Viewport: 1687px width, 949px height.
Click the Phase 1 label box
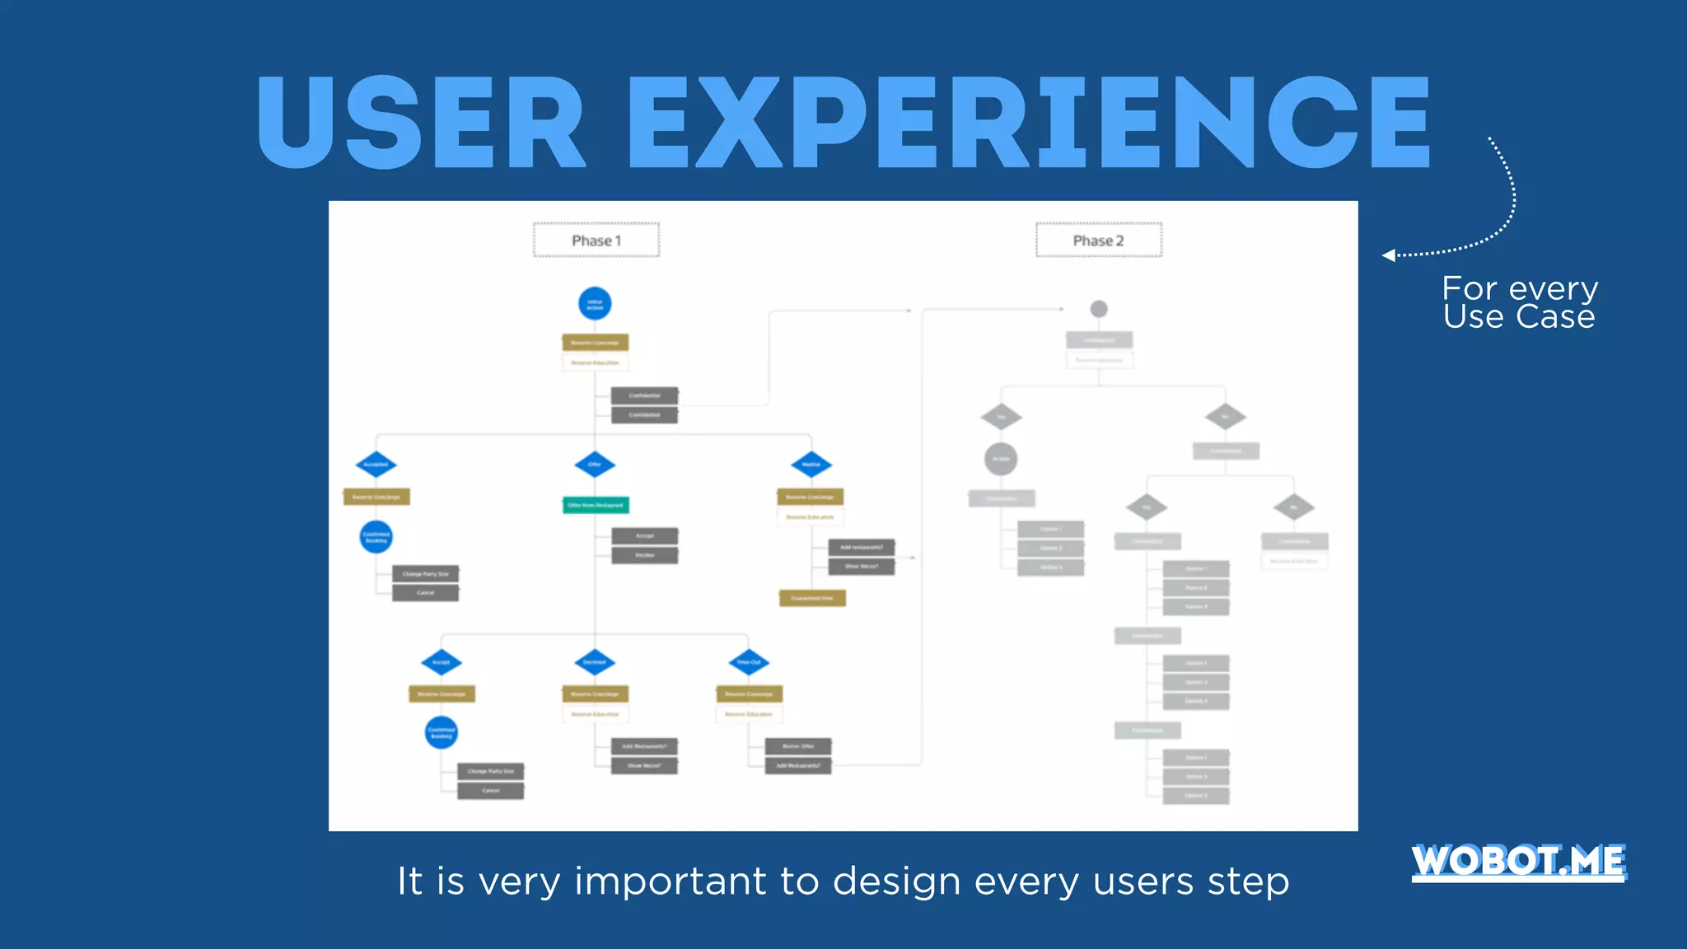pos(596,240)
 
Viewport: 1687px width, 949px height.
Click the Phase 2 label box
pos(1098,240)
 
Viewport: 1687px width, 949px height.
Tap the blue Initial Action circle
pos(595,304)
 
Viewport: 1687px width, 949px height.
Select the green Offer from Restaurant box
pos(596,505)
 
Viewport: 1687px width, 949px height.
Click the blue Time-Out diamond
pos(749,662)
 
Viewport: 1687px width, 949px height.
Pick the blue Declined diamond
pos(595,662)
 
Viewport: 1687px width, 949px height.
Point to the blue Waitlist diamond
pos(811,465)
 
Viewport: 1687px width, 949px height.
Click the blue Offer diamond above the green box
pos(595,465)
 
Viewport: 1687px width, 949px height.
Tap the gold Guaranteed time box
pos(812,598)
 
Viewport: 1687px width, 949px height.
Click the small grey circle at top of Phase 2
pos(1099,309)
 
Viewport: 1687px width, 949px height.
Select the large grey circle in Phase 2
pos(1001,459)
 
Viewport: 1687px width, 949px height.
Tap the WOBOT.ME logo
pos(1518,862)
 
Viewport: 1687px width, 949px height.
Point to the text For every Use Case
pos(1519,302)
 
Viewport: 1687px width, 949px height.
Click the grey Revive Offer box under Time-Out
pos(797,746)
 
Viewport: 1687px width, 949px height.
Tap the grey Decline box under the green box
pos(644,555)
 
